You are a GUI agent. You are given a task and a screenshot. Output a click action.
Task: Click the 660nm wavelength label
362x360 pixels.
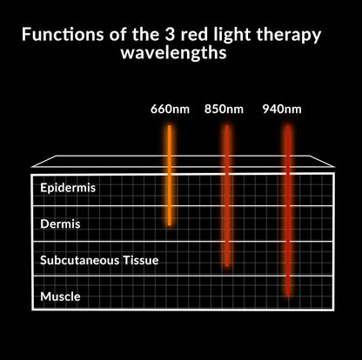tap(168, 110)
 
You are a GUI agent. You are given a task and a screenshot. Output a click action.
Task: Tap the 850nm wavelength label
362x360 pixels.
tap(224, 110)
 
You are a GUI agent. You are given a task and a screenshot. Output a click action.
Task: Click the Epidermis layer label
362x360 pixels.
tap(68, 188)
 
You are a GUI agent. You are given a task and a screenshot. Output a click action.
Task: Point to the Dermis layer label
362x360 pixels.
tap(60, 223)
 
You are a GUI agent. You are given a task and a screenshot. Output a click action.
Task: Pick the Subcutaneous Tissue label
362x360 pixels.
tap(99, 259)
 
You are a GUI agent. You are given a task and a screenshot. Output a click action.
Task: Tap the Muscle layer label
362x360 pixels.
tap(60, 297)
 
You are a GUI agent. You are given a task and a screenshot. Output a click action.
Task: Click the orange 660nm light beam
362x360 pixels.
tap(170, 174)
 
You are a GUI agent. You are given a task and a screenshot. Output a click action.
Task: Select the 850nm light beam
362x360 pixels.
tap(226, 191)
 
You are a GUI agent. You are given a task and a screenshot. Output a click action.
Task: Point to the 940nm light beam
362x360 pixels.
tap(287, 209)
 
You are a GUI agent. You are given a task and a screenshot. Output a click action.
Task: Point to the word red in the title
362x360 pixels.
tap(183, 36)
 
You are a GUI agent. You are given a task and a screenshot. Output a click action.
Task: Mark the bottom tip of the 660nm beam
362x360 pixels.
tap(170, 224)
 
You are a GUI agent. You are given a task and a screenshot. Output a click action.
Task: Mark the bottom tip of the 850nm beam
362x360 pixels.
tap(226, 264)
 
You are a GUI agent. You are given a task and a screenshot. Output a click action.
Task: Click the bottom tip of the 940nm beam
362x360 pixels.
tap(287, 296)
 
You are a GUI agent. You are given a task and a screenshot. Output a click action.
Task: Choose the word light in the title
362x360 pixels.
tap(228, 37)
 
